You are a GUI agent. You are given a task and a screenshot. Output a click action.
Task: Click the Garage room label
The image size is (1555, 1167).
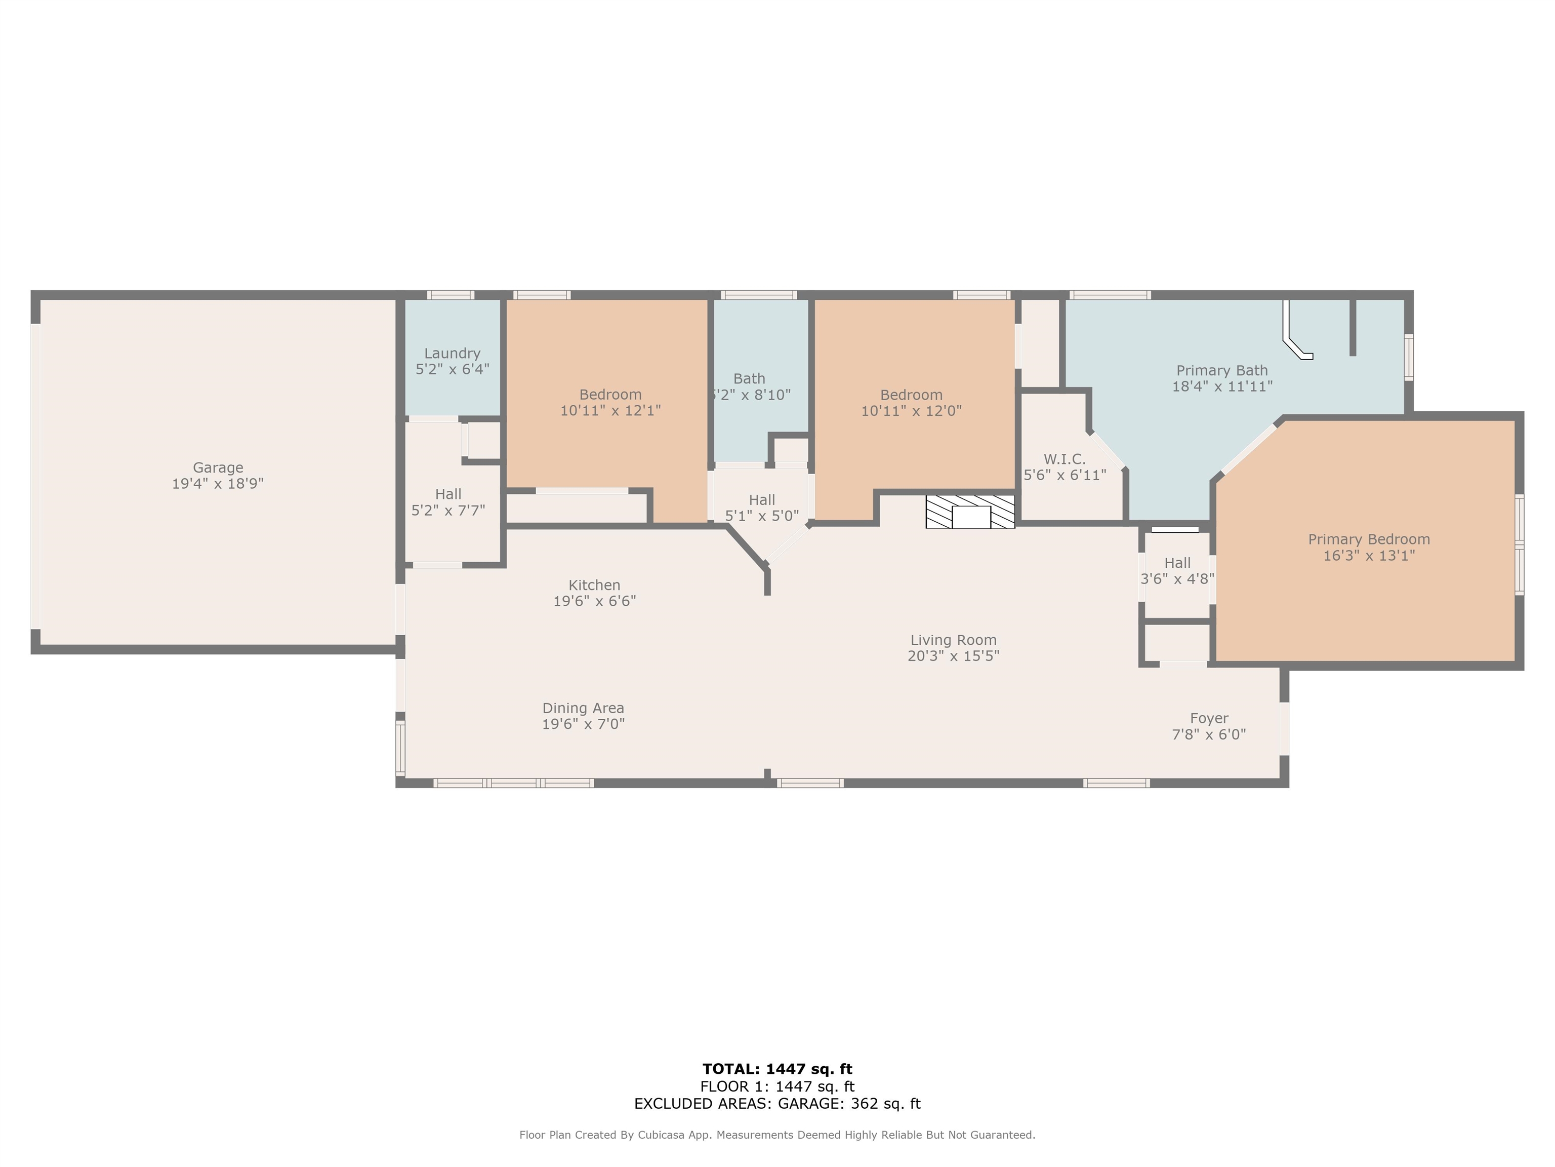(218, 468)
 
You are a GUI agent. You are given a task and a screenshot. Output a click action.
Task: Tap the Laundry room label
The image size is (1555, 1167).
(452, 353)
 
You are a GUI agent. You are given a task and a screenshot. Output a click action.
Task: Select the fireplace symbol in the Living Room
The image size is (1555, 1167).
(970, 512)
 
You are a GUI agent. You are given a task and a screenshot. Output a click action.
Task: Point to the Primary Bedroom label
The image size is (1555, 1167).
(1369, 539)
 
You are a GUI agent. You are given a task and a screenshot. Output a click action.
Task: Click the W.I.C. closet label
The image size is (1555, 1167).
(1065, 459)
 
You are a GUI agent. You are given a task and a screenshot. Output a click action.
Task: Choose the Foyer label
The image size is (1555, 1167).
(1209, 718)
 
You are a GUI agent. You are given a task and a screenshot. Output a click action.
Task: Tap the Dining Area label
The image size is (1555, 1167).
(583, 709)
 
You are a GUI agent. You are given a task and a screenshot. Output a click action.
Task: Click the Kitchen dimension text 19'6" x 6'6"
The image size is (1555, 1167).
(595, 601)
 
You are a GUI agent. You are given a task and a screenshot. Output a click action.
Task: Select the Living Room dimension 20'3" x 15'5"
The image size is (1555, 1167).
(953, 655)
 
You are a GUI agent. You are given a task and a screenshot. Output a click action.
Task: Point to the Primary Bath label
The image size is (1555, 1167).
(1222, 371)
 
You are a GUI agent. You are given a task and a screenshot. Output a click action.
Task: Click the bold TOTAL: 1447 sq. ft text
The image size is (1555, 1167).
(777, 1069)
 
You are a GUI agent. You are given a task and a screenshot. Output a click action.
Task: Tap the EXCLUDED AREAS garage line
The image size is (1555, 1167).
(777, 1104)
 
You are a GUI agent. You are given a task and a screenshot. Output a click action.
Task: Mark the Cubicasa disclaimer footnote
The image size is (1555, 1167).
(777, 1135)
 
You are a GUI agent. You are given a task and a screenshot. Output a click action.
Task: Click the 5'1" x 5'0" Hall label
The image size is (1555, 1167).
(762, 508)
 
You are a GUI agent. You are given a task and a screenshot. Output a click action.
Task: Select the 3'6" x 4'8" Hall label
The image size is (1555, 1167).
(1177, 571)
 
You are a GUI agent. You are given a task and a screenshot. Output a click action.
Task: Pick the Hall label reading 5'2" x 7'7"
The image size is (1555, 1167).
(448, 502)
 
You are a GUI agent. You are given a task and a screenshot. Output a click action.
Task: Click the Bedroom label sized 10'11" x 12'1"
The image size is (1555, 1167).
(610, 402)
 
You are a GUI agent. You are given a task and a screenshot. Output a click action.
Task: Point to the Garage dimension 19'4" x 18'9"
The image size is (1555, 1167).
(218, 484)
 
